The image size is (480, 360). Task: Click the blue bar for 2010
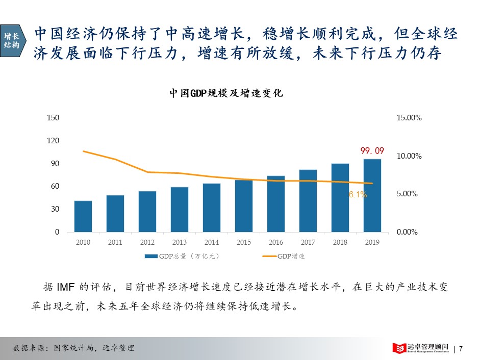click(83, 216)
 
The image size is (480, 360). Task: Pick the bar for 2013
click(180, 209)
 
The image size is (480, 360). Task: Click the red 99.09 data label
click(372, 151)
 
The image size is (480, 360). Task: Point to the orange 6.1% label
click(358, 194)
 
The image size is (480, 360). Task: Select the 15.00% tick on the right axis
click(409, 118)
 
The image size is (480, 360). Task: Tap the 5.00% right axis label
click(409, 194)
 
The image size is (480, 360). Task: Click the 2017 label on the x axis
click(308, 242)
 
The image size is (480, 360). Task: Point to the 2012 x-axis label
click(147, 242)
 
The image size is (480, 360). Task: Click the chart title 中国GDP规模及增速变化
click(226, 94)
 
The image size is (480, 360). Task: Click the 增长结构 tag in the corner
click(12, 40)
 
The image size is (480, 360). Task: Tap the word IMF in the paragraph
click(66, 287)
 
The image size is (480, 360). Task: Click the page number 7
click(461, 349)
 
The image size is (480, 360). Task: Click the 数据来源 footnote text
click(73, 348)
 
